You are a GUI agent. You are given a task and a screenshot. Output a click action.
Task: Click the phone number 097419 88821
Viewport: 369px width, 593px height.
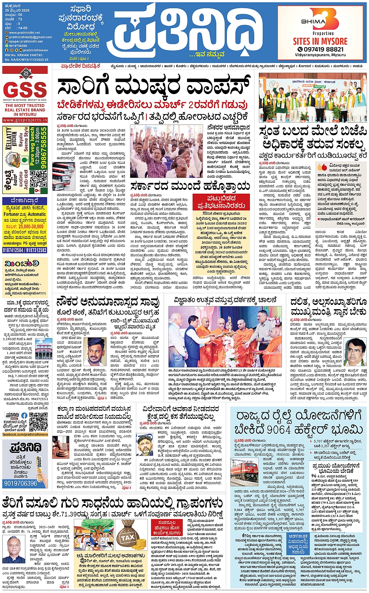point(321,50)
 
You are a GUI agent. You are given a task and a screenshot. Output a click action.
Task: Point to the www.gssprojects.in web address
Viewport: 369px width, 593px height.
point(25,120)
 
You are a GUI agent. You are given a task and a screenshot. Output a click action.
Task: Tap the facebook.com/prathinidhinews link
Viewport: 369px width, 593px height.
point(25,435)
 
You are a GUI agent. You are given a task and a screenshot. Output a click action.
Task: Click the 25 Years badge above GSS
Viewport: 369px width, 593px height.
point(25,73)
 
